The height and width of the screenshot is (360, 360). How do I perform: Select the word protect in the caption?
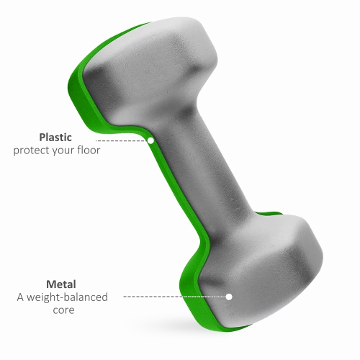(x=32, y=150)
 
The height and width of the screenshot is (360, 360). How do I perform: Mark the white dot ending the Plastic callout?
(x=151, y=141)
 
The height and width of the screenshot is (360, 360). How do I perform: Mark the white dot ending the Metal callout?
(x=229, y=296)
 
